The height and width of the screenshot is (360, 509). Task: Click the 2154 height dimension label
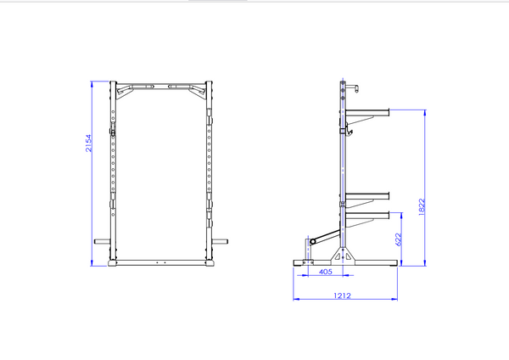point(88,143)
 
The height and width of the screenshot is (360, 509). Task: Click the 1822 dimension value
point(422,206)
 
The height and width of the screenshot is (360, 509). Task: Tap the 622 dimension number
point(399,239)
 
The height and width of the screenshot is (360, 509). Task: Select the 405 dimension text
point(326,272)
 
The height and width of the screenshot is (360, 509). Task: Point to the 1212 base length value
point(342,295)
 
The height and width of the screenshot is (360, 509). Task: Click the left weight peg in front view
point(103,241)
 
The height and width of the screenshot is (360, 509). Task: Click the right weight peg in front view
point(220,241)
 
